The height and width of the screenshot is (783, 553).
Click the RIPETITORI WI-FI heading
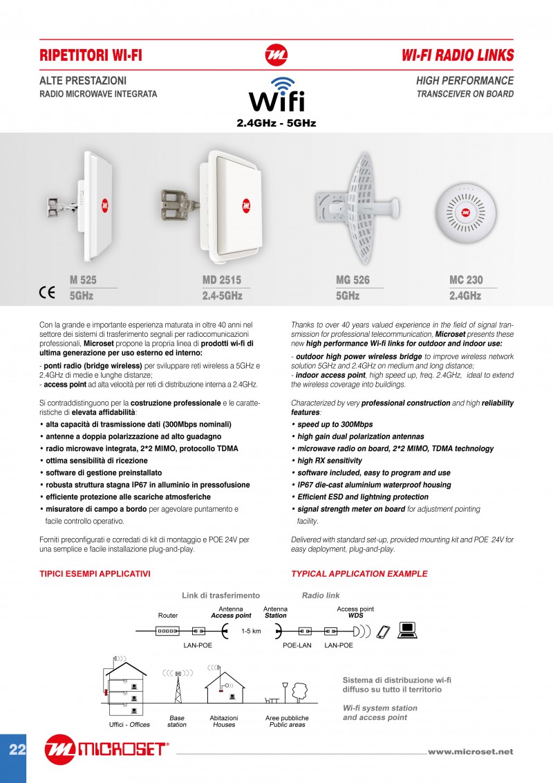91,55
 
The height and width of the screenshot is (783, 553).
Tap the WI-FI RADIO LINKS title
457,55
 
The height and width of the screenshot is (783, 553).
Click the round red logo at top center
276,55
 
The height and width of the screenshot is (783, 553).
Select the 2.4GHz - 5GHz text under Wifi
276,123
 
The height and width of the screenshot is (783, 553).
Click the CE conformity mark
47,292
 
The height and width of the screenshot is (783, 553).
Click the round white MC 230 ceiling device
465,212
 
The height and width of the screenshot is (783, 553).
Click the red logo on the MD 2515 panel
247,205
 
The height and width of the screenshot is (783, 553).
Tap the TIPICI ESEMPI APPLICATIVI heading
95,573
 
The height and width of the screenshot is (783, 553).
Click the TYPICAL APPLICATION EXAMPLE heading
359,573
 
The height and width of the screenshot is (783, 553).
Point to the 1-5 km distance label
251,631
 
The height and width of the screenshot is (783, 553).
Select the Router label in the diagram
168,614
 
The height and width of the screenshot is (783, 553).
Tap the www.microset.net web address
470,751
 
